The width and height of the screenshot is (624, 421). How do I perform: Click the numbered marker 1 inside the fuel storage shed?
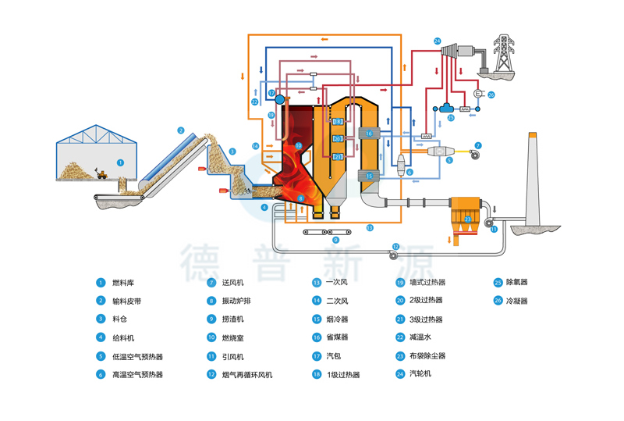click(x=120, y=162)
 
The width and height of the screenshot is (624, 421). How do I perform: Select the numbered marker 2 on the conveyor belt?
click(x=180, y=130)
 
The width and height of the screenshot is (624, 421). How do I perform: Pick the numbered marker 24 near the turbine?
click(x=437, y=41)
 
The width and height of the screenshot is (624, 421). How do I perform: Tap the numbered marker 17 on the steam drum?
click(x=271, y=93)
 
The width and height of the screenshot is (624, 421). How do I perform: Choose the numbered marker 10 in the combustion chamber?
click(x=298, y=145)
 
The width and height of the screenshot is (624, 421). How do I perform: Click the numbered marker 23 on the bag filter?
click(x=468, y=219)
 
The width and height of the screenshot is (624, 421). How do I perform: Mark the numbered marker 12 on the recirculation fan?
click(x=395, y=247)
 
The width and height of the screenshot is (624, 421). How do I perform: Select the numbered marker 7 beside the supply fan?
click(x=479, y=145)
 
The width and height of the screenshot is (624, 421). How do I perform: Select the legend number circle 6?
click(x=101, y=374)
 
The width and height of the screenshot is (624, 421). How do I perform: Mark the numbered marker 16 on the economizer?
click(x=370, y=134)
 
